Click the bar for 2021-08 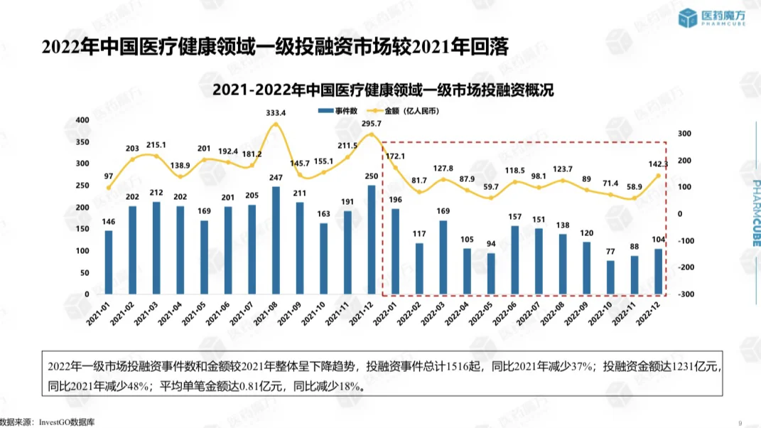[x=276, y=240]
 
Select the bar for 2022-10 [x=610, y=277]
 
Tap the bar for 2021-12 [x=371, y=240]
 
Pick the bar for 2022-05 [x=491, y=274]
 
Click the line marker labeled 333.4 [x=276, y=124]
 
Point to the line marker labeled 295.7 [x=371, y=134]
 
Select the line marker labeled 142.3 [x=658, y=176]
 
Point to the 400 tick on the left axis [x=82, y=119]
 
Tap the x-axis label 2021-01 [x=101, y=313]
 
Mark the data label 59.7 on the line [x=491, y=187]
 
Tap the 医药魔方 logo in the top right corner [x=713, y=19]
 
